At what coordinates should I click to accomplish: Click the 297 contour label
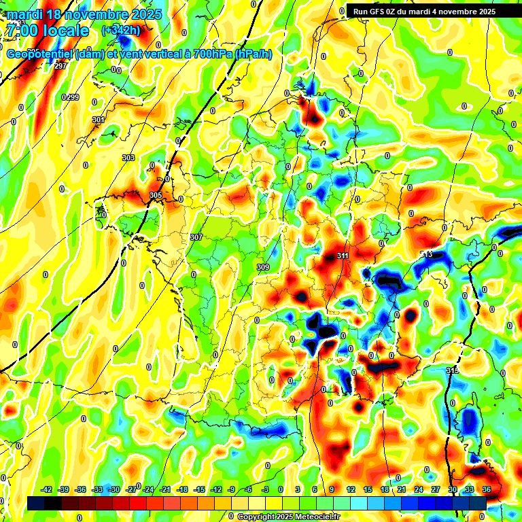point(60,66)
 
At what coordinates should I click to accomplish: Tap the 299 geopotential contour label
point(71,98)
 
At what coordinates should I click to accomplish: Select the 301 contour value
point(99,120)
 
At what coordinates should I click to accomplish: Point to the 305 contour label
point(156,195)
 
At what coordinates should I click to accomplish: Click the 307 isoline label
point(196,237)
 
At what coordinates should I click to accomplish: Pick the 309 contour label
point(263,267)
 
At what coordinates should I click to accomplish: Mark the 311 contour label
point(343,256)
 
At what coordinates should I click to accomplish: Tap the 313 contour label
point(426,254)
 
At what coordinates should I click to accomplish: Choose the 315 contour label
point(453,370)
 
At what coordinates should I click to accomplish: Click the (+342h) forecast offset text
point(121,31)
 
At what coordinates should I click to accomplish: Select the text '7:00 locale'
point(47,31)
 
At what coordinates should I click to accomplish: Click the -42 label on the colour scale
point(47,489)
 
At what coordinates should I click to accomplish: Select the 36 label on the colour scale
point(487,489)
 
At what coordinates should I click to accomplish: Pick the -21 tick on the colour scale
point(165,489)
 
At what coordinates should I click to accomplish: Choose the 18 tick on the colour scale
point(385,489)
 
